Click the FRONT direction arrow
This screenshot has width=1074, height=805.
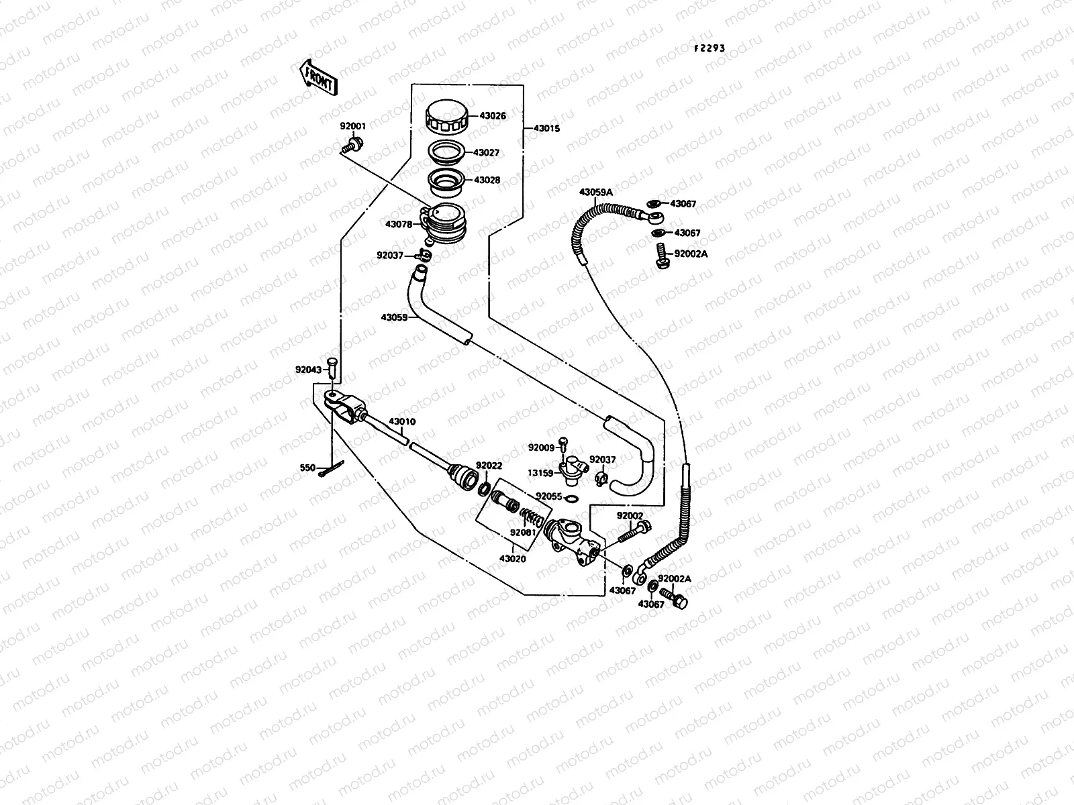point(318,76)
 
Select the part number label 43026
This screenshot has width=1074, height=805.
point(492,116)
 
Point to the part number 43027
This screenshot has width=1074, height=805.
point(486,153)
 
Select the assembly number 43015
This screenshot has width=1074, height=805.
point(546,128)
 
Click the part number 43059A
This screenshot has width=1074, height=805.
point(596,193)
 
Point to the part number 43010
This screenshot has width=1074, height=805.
point(402,422)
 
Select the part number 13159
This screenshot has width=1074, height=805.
point(540,473)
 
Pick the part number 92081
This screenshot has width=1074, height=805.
point(523,533)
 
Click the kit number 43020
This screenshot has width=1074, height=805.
point(512,558)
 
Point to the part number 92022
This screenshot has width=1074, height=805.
point(489,465)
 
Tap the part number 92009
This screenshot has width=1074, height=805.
point(541,447)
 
